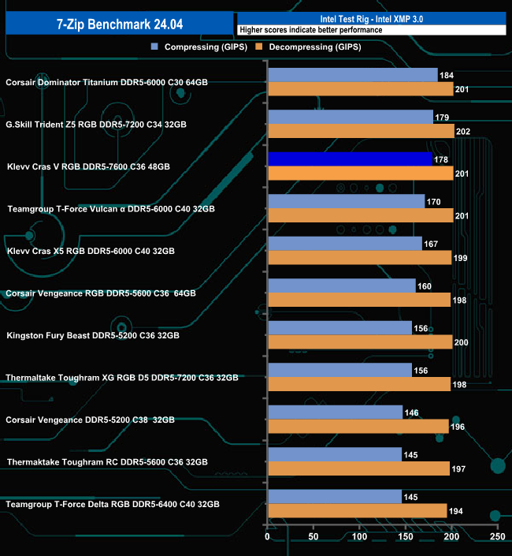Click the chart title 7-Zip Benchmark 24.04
117,24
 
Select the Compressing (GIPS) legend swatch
156,47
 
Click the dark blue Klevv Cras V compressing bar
350,159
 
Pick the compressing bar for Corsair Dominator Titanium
352,75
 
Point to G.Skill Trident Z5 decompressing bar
361,132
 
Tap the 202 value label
465,132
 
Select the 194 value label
457,511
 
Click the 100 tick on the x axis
359,537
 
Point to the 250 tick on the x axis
497,537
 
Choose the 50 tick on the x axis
314,537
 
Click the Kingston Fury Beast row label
93,335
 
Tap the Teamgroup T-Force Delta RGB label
112,504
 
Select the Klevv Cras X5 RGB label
91,251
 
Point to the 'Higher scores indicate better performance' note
310,30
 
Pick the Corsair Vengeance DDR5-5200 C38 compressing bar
335,412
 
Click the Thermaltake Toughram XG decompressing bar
359,384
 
